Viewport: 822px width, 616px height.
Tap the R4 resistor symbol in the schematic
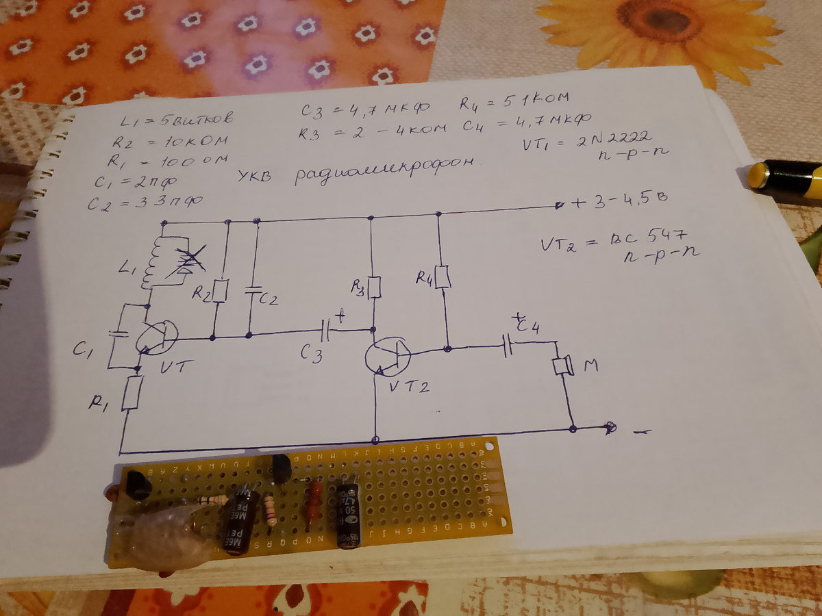tap(443, 257)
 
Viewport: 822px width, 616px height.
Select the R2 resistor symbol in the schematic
tap(219, 290)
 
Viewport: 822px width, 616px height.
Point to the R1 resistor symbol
tap(132, 393)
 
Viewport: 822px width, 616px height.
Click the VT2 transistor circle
tap(388, 355)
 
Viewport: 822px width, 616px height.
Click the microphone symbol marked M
tap(563, 365)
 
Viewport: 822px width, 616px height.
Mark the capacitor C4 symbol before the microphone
tap(508, 346)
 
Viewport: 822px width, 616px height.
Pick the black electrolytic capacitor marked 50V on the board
tap(349, 515)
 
